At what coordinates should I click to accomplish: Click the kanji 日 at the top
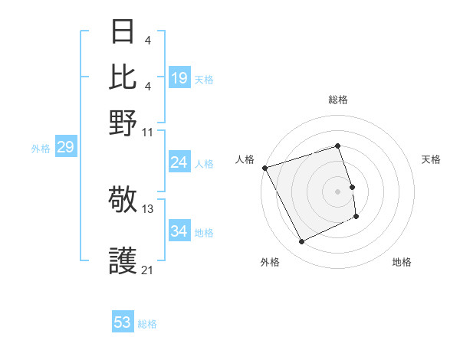coord(123,33)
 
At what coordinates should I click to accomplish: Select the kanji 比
coord(123,77)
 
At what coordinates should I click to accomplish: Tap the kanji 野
coord(123,121)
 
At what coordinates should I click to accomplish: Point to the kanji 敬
coord(123,201)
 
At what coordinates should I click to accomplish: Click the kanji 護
coord(123,262)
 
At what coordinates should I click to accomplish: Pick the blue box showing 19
coord(179,77)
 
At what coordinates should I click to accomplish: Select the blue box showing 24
coord(179,162)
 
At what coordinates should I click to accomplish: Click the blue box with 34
coord(179,231)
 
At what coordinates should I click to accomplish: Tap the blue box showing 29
coord(65,147)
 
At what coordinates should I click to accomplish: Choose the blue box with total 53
coord(123,322)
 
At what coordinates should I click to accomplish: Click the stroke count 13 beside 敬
coord(148,208)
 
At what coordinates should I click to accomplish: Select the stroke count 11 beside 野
coord(148,132)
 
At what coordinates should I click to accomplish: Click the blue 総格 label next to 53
coord(148,324)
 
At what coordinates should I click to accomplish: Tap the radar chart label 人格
coord(245,159)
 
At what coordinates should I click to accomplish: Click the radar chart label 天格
coord(431,159)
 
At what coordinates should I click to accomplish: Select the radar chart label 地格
coord(402,262)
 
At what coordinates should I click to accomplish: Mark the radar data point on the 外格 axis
coord(301,242)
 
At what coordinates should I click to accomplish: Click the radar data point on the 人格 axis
coord(264,168)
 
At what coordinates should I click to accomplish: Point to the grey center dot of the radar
coord(338,191)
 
